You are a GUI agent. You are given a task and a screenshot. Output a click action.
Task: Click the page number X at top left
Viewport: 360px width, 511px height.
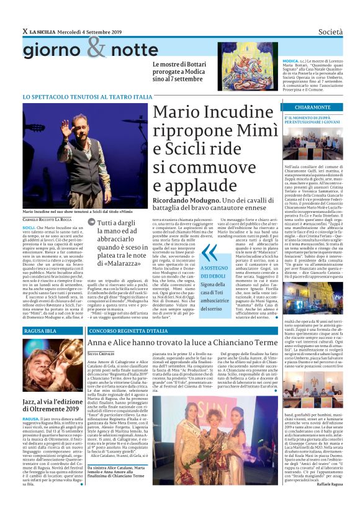(25, 32)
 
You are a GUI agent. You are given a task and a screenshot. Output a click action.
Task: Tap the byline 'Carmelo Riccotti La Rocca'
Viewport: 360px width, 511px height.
(47, 219)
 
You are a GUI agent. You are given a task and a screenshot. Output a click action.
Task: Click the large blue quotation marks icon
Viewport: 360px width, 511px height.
(210, 251)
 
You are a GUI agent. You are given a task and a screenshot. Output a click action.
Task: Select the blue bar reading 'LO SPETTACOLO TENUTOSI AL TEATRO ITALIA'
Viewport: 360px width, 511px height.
(87, 97)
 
